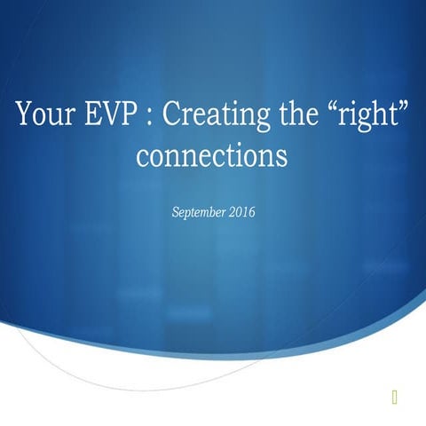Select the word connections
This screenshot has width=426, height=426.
(212, 156)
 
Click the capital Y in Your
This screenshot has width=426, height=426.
(25, 115)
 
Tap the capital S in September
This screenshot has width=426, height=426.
(173, 212)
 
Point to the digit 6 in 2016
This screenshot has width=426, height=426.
(252, 212)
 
